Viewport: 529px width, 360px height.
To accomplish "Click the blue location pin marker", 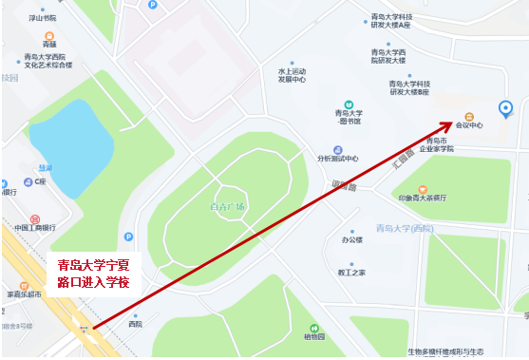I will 506,109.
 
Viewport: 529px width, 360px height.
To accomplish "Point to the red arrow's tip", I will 455,123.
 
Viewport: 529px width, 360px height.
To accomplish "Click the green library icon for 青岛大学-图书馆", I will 350,104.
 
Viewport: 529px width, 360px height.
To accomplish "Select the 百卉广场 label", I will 228,207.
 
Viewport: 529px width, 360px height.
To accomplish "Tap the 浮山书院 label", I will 42,18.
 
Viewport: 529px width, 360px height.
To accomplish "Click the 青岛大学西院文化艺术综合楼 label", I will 48,62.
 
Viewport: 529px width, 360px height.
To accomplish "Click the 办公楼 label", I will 353,240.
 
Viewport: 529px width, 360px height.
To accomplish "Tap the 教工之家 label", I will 352,273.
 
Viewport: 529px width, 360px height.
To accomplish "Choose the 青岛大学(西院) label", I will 405,228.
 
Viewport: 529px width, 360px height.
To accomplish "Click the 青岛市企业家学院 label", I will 437,144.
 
